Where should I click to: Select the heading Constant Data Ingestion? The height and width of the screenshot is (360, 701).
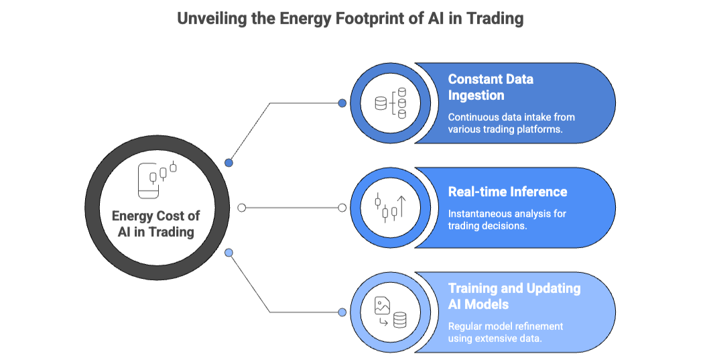[491, 87]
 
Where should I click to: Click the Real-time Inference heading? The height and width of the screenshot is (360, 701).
[507, 192]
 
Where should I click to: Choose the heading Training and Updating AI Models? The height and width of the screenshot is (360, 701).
[514, 296]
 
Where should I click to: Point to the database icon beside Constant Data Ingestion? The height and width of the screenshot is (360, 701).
[391, 103]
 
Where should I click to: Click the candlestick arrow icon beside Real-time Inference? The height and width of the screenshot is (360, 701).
[391, 208]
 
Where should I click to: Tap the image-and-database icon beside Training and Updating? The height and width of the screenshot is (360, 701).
[391, 312]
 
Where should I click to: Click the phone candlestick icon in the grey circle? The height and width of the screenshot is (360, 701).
[157, 179]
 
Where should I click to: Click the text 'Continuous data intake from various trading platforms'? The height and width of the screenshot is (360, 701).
[511, 123]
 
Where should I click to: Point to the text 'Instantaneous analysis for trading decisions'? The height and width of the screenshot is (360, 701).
[507, 220]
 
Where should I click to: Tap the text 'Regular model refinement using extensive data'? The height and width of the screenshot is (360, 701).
[505, 332]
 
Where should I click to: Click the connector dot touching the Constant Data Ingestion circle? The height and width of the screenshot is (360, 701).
[342, 103]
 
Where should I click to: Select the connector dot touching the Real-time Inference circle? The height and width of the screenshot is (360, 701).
[342, 208]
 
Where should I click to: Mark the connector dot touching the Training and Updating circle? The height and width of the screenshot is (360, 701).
[342, 312]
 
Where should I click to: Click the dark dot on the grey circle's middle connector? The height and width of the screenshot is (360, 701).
[242, 208]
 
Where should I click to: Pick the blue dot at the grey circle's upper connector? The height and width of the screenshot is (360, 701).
[229, 163]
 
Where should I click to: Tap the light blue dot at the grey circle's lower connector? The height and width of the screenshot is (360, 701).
[229, 253]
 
